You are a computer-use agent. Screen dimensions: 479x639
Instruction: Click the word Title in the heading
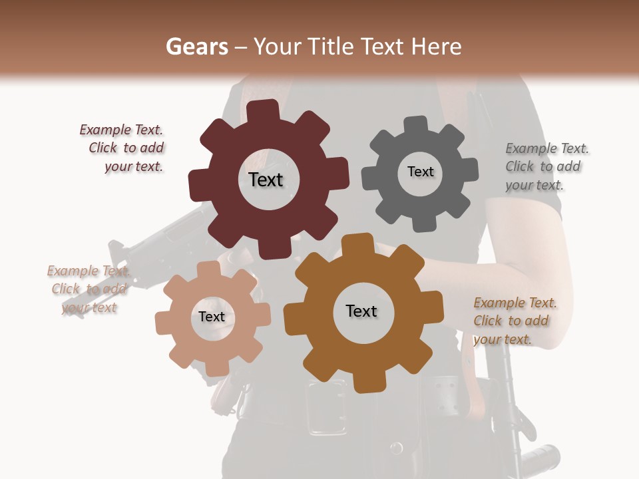point(331,47)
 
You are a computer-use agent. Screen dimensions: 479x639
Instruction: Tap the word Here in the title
point(436,47)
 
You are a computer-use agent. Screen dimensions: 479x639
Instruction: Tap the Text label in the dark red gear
point(266,180)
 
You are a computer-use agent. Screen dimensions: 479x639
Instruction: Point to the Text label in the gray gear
point(420,172)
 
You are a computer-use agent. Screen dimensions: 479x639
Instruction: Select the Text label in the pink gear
point(212,317)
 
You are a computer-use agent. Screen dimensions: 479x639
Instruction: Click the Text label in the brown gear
point(361,311)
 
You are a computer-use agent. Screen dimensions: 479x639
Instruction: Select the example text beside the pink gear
point(89,289)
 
